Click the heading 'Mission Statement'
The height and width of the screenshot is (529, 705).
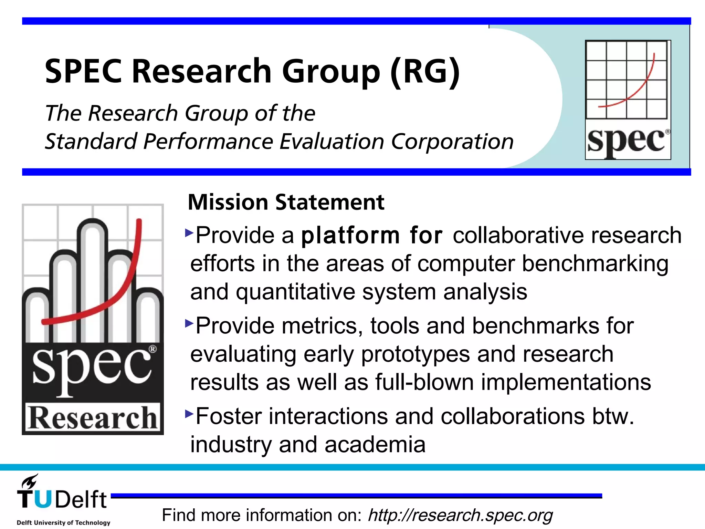coord(286,202)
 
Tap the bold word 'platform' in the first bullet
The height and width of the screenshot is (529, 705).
coord(350,236)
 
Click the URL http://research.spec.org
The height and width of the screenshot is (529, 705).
coord(460,515)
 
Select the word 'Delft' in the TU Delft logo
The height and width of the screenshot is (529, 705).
coord(81,499)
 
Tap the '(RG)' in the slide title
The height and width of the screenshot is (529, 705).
coord(425,71)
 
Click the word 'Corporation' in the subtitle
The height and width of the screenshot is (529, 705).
coord(452,142)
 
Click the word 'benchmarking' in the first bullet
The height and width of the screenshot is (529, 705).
coord(595,264)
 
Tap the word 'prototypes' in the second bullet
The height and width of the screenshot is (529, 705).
coord(415,354)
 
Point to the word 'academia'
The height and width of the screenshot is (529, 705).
coord(375,445)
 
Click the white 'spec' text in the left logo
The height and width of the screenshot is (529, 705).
coord(91,367)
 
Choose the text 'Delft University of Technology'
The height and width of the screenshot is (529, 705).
coord(64,522)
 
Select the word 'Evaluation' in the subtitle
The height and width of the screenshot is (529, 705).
coord(332,142)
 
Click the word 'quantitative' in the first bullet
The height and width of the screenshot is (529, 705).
coord(295,292)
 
